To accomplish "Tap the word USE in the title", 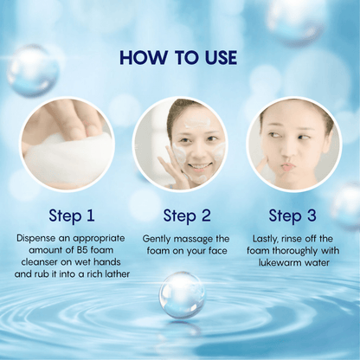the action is tap(221, 57).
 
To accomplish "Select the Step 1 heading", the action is tap(72, 215).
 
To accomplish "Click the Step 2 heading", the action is tap(187, 215).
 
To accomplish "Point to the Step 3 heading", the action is tap(292, 215).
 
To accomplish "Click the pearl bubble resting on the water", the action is tap(182, 295).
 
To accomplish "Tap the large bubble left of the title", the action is tap(33, 71).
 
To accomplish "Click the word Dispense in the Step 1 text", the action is tap(36, 239).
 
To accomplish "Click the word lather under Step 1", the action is tap(117, 273).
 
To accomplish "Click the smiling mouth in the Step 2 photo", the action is tap(198, 167).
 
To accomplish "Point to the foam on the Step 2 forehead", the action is tap(197, 124).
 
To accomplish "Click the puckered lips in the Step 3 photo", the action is tap(288, 166).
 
